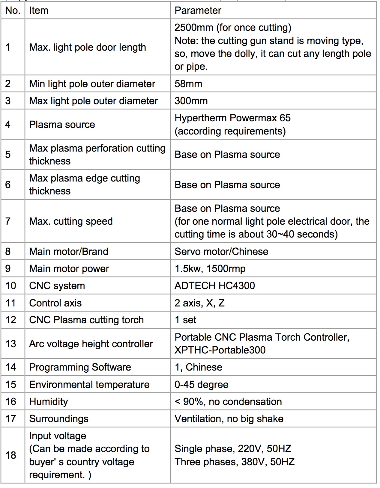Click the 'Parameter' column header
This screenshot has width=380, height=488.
pyautogui.click(x=198, y=10)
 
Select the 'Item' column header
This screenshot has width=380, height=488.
pyautogui.click(x=39, y=10)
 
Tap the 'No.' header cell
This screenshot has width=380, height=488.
pyautogui.click(x=13, y=10)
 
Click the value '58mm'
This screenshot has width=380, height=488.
pyautogui.click(x=188, y=84)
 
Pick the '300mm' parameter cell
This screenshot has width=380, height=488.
pyautogui.click(x=191, y=101)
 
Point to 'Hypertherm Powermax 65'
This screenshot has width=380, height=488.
pyautogui.click(x=232, y=118)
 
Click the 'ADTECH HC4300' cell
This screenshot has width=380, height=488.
pyautogui.click(x=214, y=285)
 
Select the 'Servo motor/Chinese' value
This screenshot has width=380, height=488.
pyautogui.click(x=221, y=251)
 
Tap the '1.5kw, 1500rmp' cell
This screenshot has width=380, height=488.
pyautogui.click(x=210, y=268)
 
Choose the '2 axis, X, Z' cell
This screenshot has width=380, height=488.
pyautogui.click(x=199, y=303)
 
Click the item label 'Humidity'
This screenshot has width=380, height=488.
pyautogui.click(x=49, y=401)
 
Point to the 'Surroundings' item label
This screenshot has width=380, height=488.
pyautogui.click(x=59, y=418)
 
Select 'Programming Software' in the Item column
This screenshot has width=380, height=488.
pyautogui.click(x=80, y=367)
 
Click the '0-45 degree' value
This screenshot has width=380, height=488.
pyautogui.click(x=202, y=384)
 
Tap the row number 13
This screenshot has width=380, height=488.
pyautogui.click(x=11, y=344)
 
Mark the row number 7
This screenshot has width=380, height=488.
pyautogui.click(x=8, y=221)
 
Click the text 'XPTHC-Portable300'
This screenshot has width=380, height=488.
pyautogui.click(x=220, y=350)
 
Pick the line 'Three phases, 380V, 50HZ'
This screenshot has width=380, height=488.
pyautogui.click(x=235, y=462)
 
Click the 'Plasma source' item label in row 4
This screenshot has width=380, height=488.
pyautogui.click(x=62, y=124)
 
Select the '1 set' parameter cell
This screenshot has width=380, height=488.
pyautogui.click(x=185, y=320)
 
